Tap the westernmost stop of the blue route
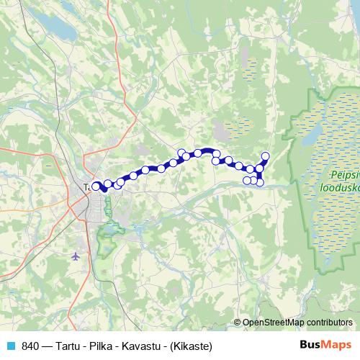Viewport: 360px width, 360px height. [96, 186]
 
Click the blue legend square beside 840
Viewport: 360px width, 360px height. [9, 346]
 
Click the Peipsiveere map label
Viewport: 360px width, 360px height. [344, 176]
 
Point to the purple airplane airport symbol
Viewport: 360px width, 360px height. [76, 256]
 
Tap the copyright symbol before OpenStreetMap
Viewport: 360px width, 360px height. [237, 323]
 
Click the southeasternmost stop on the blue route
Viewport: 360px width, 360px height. [260, 181]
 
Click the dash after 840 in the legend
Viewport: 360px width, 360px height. [47, 346]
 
